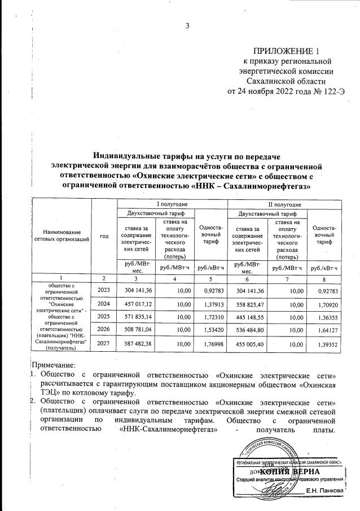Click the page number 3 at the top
tap(187, 25)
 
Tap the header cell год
tap(104, 236)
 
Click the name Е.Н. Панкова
tap(324, 491)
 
